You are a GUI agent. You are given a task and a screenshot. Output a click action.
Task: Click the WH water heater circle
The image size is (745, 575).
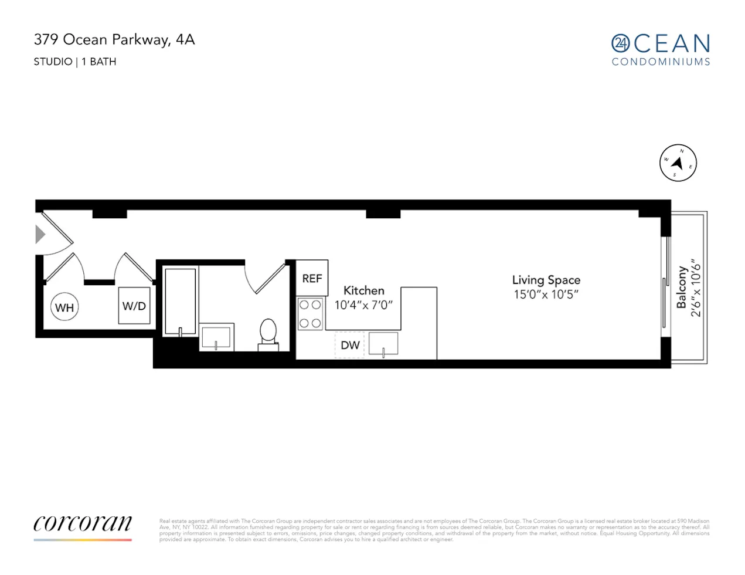[64, 307]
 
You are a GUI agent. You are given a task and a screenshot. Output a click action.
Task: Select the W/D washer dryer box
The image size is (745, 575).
[134, 306]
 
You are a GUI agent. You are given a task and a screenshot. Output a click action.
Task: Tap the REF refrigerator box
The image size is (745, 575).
[312, 278]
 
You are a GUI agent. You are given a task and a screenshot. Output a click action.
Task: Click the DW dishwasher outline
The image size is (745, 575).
[350, 345]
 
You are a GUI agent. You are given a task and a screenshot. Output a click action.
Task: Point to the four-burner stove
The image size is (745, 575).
[310, 314]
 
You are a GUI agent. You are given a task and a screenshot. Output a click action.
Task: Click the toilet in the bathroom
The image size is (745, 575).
[268, 333]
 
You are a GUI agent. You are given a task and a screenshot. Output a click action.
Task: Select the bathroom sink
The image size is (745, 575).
[216, 337]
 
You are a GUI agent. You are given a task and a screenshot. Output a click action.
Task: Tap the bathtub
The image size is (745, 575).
[180, 302]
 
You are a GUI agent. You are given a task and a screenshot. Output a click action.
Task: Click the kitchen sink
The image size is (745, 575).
[383, 344]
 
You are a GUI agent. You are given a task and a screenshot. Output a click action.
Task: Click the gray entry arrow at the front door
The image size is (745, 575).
[40, 235]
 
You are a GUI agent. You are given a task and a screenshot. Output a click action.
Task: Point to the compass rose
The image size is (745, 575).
[678, 163]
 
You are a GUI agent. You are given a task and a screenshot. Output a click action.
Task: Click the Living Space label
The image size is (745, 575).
[546, 280]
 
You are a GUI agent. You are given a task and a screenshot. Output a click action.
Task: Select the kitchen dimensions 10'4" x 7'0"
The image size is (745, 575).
[363, 305]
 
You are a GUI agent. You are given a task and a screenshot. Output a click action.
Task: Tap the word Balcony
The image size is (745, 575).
[682, 287]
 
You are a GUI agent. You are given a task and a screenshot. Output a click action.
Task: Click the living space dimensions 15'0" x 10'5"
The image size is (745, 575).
[546, 295]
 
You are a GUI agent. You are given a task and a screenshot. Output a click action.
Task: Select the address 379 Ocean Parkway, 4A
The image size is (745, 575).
[114, 40]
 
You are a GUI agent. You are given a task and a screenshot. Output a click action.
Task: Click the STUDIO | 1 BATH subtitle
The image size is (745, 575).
[75, 62]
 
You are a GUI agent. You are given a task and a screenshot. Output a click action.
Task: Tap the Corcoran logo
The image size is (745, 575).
[83, 523]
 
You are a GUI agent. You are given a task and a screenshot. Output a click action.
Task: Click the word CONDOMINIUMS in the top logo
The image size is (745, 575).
[661, 62]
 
